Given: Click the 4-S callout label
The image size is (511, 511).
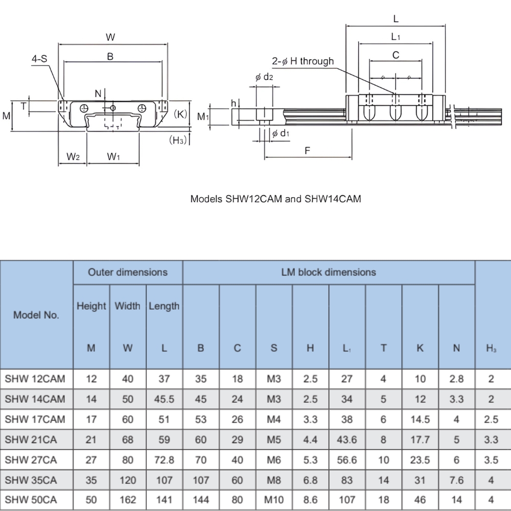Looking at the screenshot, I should tap(39, 59).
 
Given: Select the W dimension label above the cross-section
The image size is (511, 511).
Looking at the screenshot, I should tap(110, 37).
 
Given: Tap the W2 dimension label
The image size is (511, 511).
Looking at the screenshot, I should tap(73, 157).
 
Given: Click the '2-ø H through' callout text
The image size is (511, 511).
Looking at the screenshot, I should tap(303, 61).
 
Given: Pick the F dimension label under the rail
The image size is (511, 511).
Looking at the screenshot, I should tap(307, 151).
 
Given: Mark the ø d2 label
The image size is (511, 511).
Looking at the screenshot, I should tap(264, 77).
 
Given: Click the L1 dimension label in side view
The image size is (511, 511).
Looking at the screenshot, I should tap(396, 37).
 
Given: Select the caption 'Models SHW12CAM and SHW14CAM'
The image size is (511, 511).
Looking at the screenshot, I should tap(275, 199).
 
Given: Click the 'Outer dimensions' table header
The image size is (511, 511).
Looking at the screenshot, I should tap(128, 272).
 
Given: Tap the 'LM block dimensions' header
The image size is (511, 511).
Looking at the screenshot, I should tap(329, 272).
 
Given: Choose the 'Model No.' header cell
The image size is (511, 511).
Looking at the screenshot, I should tap(36, 315).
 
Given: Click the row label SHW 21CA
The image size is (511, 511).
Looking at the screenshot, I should tap(31, 439).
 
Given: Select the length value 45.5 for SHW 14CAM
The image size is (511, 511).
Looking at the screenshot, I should tap(164, 399).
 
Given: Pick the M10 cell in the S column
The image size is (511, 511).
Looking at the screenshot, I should tap(274, 500).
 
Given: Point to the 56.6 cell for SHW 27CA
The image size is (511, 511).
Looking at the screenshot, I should tap(347, 460).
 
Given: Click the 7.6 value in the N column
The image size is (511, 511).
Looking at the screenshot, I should tap(456, 480).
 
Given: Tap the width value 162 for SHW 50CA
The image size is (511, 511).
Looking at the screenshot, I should tap(128, 500).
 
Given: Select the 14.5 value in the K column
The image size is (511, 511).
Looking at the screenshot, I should tap(420, 420).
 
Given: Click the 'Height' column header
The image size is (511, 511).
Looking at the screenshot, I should tap(91, 306).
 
